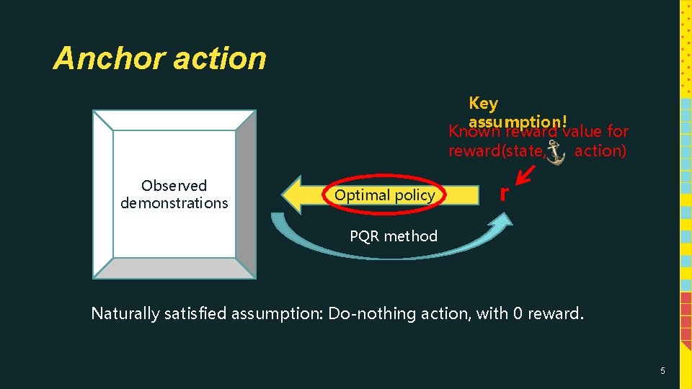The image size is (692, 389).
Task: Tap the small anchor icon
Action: pyautogui.click(x=555, y=153)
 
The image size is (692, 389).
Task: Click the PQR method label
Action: pyautogui.click(x=393, y=236)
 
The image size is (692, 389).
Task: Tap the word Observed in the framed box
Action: pyautogui.click(x=174, y=186)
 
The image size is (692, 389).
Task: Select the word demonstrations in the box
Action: pyautogui.click(x=174, y=203)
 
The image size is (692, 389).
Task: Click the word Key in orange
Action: pyautogui.click(x=483, y=104)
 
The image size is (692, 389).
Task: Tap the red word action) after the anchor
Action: pyautogui.click(x=600, y=151)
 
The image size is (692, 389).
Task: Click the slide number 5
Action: pyautogui.click(x=662, y=371)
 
